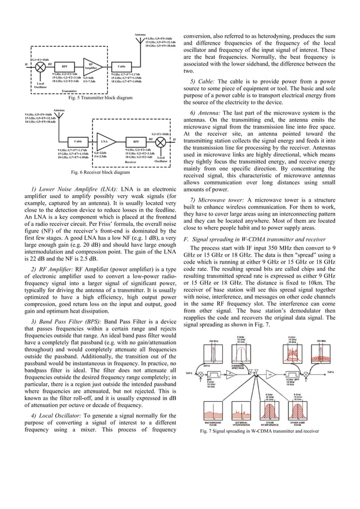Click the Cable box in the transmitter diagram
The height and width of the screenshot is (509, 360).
click(121, 67)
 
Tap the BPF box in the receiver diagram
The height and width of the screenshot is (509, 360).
click(136, 141)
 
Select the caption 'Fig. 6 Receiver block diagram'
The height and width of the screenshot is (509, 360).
click(100, 172)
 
